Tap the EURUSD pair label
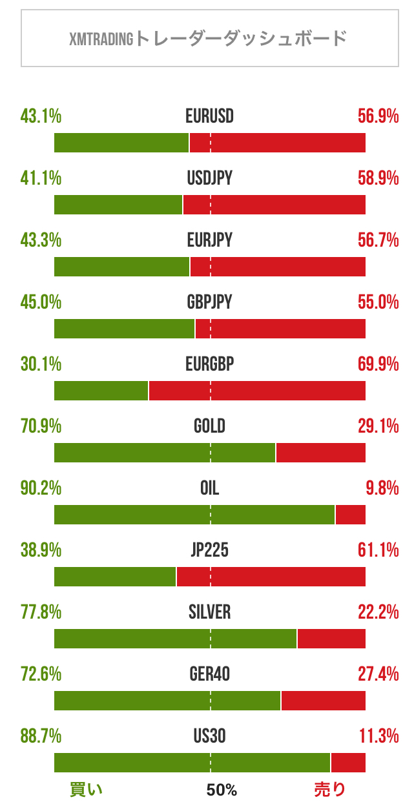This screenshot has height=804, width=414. click(209, 117)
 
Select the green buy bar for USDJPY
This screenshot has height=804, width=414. click(118, 205)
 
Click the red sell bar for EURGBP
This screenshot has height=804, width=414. click(257, 391)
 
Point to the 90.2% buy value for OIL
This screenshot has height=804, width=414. click(41, 488)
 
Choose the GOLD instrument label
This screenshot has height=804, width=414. click(209, 426)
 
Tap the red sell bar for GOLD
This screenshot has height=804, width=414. click(321, 453)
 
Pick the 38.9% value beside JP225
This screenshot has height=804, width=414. click(41, 550)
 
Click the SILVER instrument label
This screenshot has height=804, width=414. click(209, 612)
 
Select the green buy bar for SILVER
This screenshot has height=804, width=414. click(175, 639)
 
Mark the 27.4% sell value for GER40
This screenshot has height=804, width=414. click(378, 674)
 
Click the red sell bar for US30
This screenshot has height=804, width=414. click(348, 763)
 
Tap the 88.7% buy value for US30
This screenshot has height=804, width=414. click(41, 736)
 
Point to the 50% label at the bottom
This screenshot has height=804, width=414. click(222, 790)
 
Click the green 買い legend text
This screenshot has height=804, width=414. click(86, 789)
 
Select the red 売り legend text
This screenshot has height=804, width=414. click(330, 789)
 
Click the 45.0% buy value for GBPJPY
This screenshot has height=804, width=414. click(41, 302)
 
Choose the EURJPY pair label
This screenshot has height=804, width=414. click(209, 241)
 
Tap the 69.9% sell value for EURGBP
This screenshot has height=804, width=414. click(378, 364)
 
